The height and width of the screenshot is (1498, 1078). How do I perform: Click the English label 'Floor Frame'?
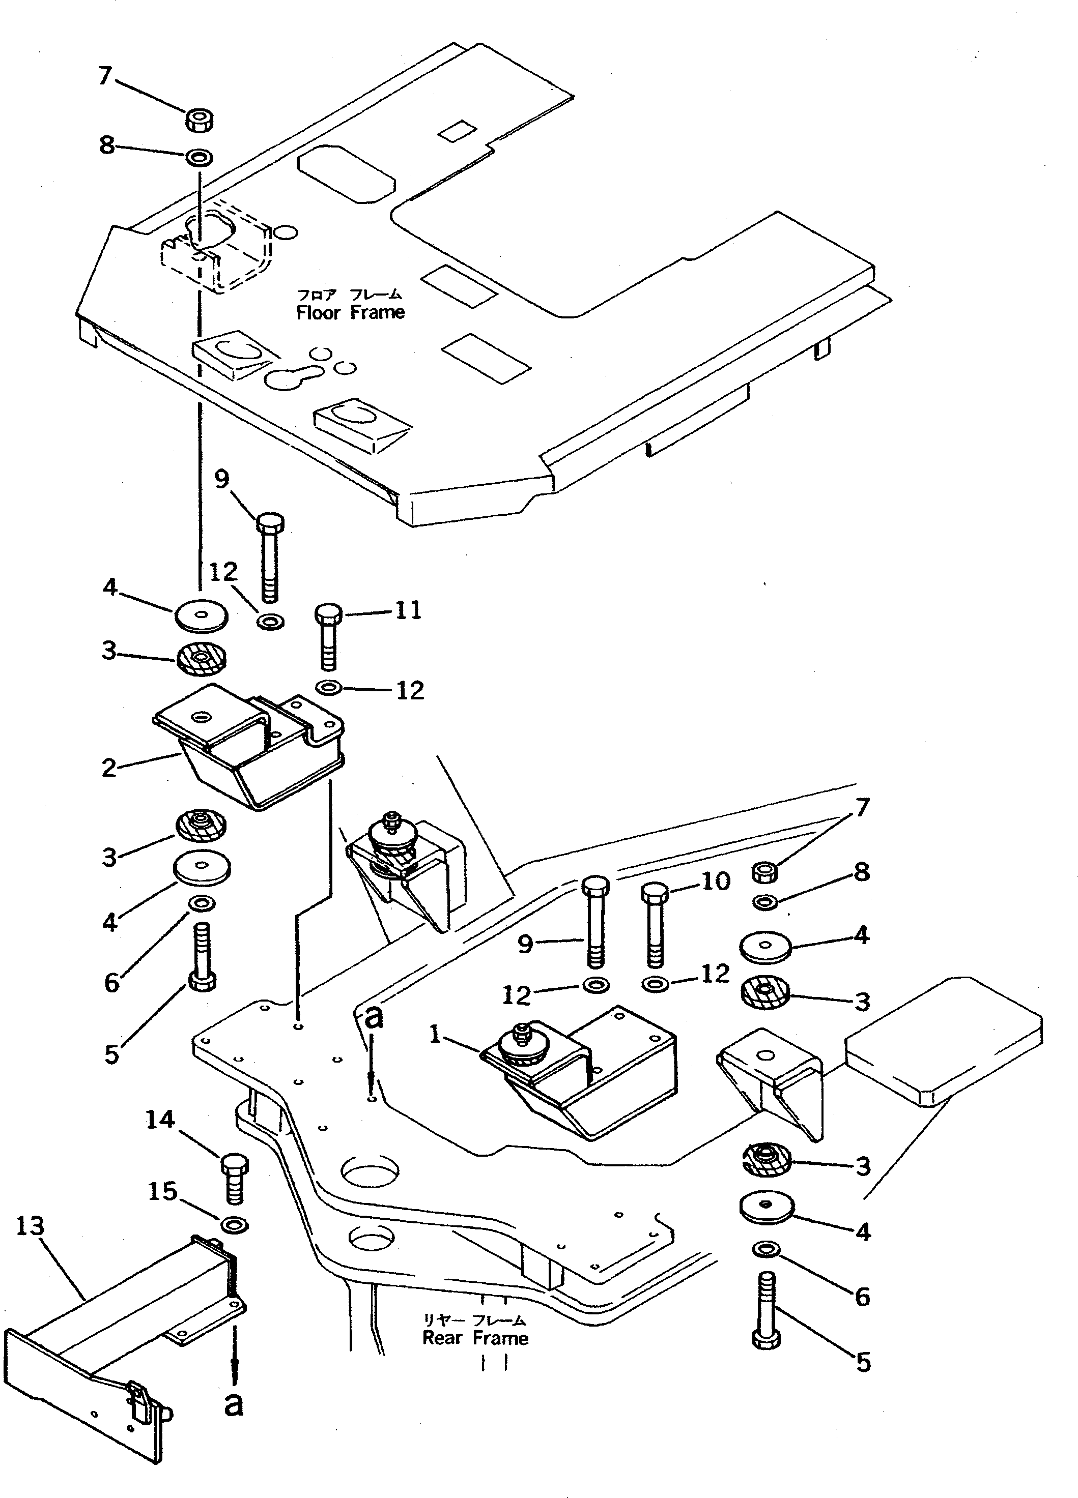(x=350, y=312)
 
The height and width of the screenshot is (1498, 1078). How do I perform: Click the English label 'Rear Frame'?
(x=475, y=1338)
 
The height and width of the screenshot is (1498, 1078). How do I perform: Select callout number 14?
(x=160, y=1120)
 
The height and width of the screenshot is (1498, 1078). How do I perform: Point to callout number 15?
(x=162, y=1191)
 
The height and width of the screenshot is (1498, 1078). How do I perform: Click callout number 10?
(x=715, y=880)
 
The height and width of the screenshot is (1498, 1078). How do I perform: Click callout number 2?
(x=109, y=768)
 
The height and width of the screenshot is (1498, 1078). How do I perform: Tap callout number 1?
(x=435, y=1034)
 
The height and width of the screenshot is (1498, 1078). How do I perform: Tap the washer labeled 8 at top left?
(x=199, y=157)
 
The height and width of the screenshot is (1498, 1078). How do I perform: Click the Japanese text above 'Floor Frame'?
(x=348, y=295)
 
